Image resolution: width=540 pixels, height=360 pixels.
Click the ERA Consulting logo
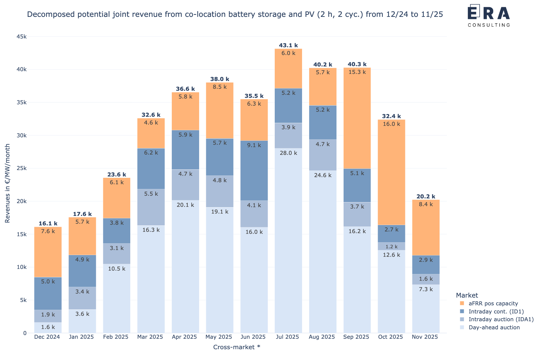coord(489,16)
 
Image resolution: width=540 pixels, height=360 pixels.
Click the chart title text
coord(235,14)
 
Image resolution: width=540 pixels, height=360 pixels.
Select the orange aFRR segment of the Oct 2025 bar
coord(391,172)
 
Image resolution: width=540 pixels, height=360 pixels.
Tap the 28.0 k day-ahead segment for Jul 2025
coord(288,240)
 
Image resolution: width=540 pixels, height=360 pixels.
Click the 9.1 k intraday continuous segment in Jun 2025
coord(254,170)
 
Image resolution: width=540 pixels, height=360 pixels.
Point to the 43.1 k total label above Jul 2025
coord(288,45)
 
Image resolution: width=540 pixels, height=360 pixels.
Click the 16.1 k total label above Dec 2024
coord(48,223)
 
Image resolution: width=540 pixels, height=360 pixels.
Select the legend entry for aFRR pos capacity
coord(493,303)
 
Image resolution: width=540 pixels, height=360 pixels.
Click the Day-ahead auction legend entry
coord(494,327)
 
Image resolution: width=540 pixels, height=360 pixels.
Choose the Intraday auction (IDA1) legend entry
coord(501,319)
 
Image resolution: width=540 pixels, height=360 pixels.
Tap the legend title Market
coord(467,295)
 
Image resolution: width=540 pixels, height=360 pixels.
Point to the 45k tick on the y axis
coord(21,36)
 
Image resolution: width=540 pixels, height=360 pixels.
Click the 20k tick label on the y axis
coord(21,201)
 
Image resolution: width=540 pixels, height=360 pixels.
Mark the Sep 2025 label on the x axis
coord(356,337)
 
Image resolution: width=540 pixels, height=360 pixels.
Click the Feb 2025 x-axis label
coord(116,337)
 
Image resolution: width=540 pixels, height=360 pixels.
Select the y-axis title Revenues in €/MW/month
coord(7,183)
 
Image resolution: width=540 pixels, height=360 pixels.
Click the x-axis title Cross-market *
coord(237,347)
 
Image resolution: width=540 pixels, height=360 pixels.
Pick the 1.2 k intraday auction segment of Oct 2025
coord(391,246)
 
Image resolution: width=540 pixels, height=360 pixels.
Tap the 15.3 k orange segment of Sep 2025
coord(357,118)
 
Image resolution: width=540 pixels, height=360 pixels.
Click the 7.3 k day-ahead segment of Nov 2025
coord(426,309)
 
